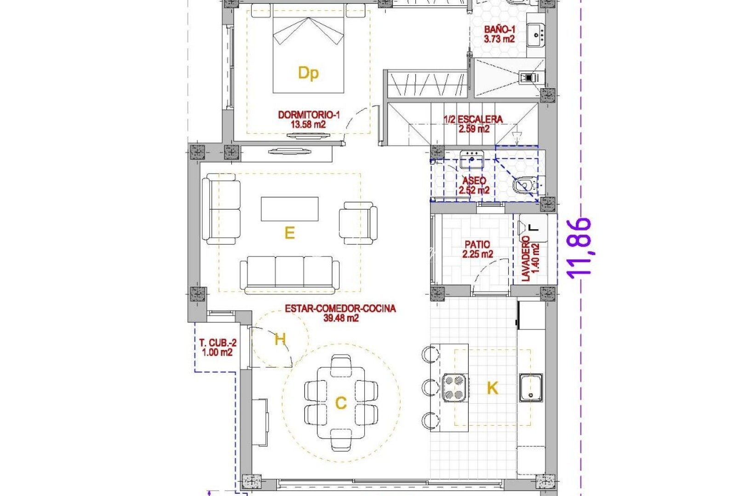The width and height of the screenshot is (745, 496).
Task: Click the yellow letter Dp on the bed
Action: pos(308,73)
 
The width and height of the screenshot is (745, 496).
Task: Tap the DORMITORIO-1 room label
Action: pos(309,119)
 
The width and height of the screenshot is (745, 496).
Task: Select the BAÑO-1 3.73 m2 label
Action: pos(499,34)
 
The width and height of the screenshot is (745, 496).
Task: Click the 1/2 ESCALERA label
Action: pos(473,124)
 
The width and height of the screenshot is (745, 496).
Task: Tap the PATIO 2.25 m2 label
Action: pos(477,249)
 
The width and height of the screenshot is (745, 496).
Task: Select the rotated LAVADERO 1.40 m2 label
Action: pos(530,258)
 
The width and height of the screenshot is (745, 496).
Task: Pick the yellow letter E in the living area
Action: pos(289,233)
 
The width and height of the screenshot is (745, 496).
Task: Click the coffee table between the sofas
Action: pos(290,209)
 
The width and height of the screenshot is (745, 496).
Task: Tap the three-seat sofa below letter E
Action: pos(290,274)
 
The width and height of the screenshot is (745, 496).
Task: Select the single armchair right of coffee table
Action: pos(358,223)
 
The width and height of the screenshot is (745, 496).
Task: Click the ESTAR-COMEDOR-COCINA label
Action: pos(340,313)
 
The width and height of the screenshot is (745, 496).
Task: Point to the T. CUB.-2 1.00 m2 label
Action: pos(218,348)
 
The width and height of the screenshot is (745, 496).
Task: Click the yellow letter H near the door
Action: pos(280,339)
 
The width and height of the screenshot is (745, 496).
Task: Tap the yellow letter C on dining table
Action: pos(341,403)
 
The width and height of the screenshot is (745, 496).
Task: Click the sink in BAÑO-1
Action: pos(535,34)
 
